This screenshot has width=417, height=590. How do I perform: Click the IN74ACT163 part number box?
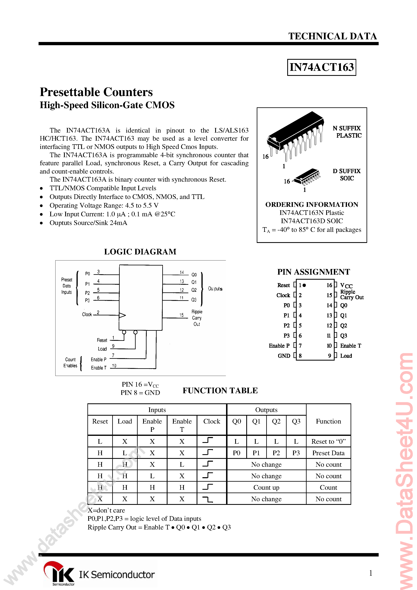click(321, 67)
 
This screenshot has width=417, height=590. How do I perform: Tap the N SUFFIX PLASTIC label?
click(347, 132)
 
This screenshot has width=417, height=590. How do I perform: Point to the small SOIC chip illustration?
click(307, 177)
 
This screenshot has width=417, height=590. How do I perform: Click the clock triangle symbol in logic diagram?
click(122, 315)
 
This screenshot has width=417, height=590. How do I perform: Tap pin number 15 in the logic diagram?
click(181, 315)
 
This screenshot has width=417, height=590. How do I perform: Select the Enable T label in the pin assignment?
click(350, 346)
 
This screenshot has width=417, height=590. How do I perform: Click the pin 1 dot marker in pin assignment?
click(304, 285)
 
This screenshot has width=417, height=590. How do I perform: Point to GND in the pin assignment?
click(284, 356)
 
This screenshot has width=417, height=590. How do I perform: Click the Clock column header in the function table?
click(212, 422)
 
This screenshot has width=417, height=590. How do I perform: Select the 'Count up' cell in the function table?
click(266, 487)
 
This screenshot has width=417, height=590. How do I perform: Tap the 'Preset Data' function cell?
click(328, 453)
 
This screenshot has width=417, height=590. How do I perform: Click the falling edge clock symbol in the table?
click(208, 499)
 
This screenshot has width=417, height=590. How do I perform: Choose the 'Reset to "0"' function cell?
click(328, 441)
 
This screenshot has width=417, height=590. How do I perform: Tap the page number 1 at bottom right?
click(370, 573)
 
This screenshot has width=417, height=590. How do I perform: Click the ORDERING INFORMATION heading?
click(312, 205)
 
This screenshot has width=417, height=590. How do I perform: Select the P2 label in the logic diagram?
click(87, 293)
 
